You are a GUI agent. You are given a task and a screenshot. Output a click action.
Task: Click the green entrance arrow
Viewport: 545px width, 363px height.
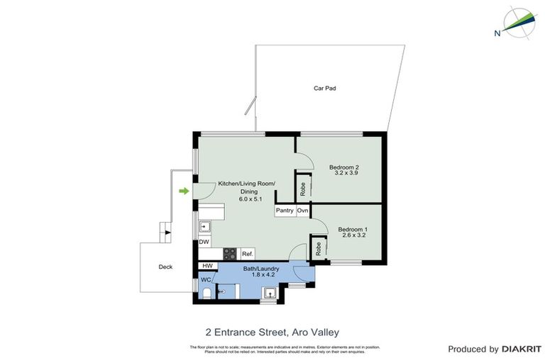point(185,191)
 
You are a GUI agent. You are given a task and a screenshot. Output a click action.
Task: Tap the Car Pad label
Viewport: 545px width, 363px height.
point(324,89)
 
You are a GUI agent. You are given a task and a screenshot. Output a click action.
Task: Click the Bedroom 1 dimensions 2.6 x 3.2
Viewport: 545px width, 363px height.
point(352,237)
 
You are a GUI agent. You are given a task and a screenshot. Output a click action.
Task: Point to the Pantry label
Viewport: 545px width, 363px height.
point(285,211)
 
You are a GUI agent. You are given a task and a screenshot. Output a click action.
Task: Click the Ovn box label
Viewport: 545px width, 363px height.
point(302,211)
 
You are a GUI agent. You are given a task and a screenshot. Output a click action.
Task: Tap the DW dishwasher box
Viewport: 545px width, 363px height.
point(204,242)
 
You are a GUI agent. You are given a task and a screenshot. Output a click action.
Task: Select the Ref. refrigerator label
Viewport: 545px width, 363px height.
point(247,253)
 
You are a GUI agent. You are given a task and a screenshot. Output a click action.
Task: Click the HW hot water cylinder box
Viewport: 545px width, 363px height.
point(207,266)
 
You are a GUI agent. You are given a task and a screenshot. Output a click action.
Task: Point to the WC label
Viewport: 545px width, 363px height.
point(206,280)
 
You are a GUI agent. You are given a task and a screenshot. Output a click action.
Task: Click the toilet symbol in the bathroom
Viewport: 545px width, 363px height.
point(207,292)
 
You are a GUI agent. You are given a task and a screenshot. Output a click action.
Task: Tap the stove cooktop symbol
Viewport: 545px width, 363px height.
point(231,252)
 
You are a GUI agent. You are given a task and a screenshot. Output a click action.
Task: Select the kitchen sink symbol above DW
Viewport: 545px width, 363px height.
point(204,227)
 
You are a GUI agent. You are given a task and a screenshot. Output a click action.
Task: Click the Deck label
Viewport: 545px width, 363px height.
point(165,267)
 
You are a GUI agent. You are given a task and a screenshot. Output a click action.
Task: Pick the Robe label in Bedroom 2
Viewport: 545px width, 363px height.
point(303,188)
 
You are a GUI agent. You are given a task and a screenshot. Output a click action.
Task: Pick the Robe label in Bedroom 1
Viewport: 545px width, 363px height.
point(319,248)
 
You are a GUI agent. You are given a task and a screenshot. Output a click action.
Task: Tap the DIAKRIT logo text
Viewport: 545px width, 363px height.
point(521,349)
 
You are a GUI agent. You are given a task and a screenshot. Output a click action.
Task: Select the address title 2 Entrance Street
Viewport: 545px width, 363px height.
point(272,331)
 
